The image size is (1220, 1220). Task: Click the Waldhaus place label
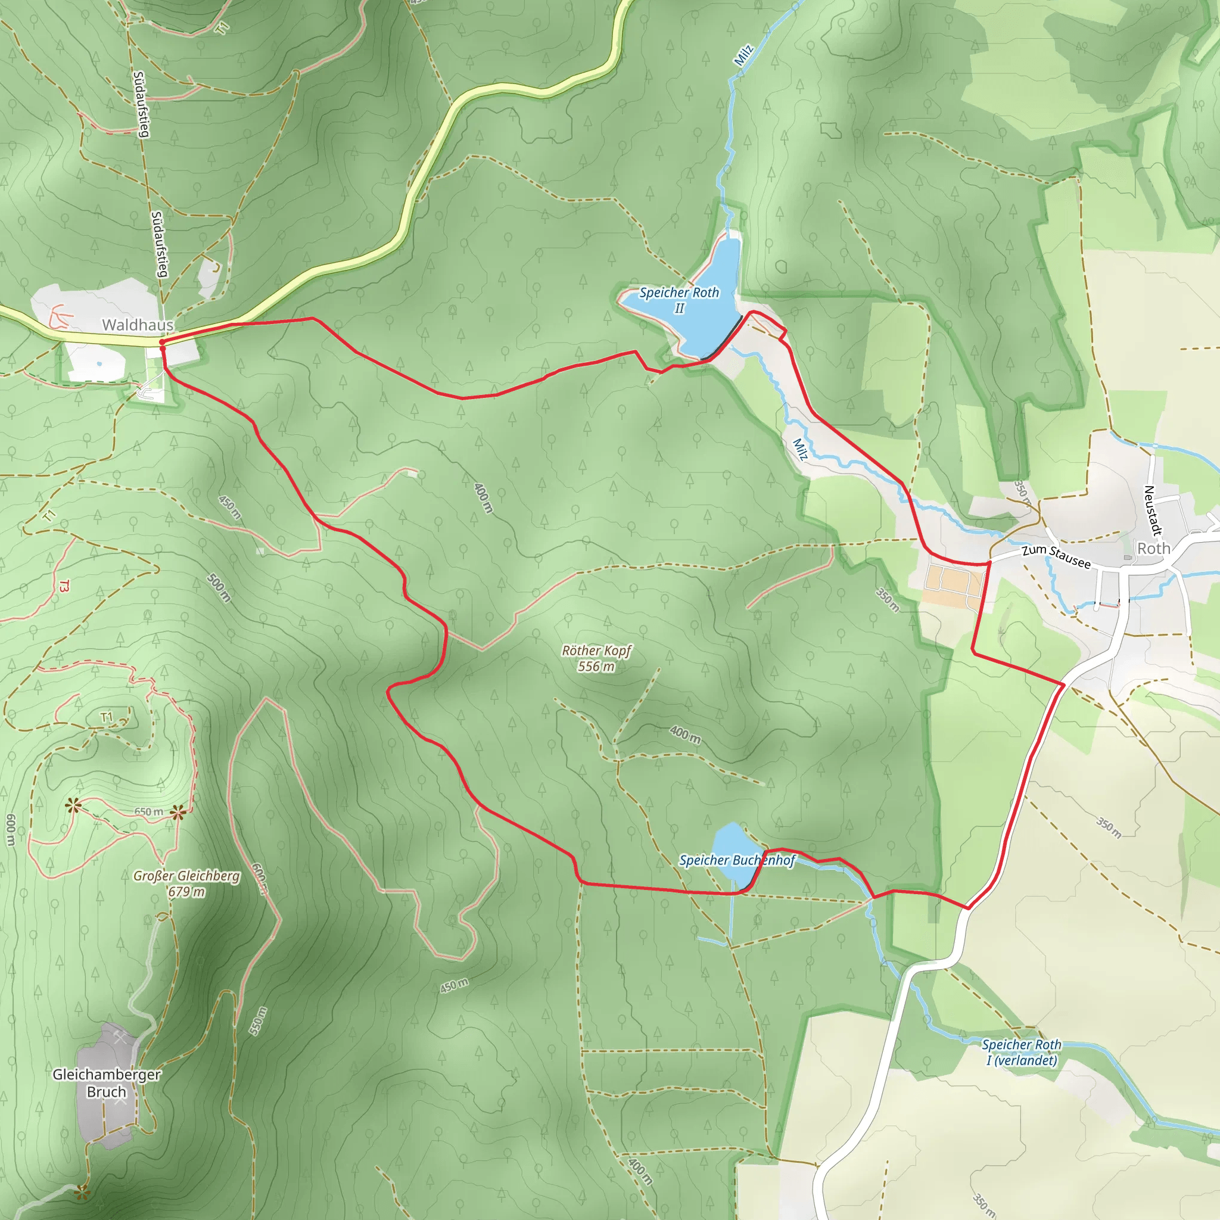click(x=138, y=325)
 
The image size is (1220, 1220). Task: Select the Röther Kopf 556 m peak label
click(x=596, y=658)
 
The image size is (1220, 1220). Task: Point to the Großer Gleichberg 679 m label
click(x=186, y=883)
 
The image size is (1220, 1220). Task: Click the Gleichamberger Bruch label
click(x=106, y=1082)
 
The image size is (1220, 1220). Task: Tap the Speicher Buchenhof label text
click(x=737, y=860)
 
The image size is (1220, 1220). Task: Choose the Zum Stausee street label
click(x=1056, y=556)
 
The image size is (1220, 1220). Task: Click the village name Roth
click(x=1154, y=548)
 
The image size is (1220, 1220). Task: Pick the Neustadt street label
click(x=1153, y=511)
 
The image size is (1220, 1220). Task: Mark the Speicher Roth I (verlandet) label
click(x=1021, y=1052)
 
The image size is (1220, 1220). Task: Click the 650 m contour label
click(x=148, y=812)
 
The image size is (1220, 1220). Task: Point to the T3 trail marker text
click(x=64, y=586)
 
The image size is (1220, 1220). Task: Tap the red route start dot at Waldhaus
click(x=162, y=343)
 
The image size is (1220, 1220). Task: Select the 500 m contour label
click(x=219, y=587)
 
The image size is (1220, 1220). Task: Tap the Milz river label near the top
click(x=743, y=55)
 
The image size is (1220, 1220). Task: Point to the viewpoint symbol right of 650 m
click(x=178, y=813)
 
